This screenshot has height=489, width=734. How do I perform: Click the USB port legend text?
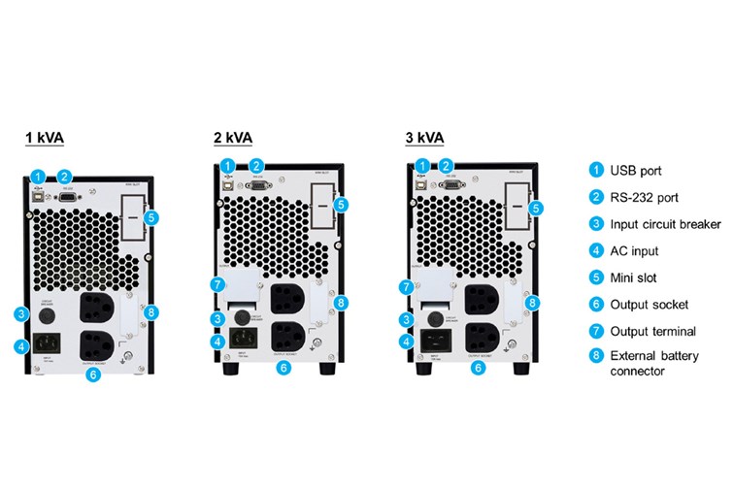click(636, 171)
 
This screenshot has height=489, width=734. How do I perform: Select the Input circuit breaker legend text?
click(665, 224)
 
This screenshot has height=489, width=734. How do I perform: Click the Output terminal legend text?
click(653, 331)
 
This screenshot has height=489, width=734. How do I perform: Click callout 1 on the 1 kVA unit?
click(37, 176)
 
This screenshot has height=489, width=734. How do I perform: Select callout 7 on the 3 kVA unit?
click(405, 286)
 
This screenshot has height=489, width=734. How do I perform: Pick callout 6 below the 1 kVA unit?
click(92, 375)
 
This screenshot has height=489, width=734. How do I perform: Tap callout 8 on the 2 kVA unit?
click(342, 303)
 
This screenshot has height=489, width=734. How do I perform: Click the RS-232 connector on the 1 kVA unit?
click(70, 195)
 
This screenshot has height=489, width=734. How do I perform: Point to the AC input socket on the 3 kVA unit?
click(433, 341)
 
